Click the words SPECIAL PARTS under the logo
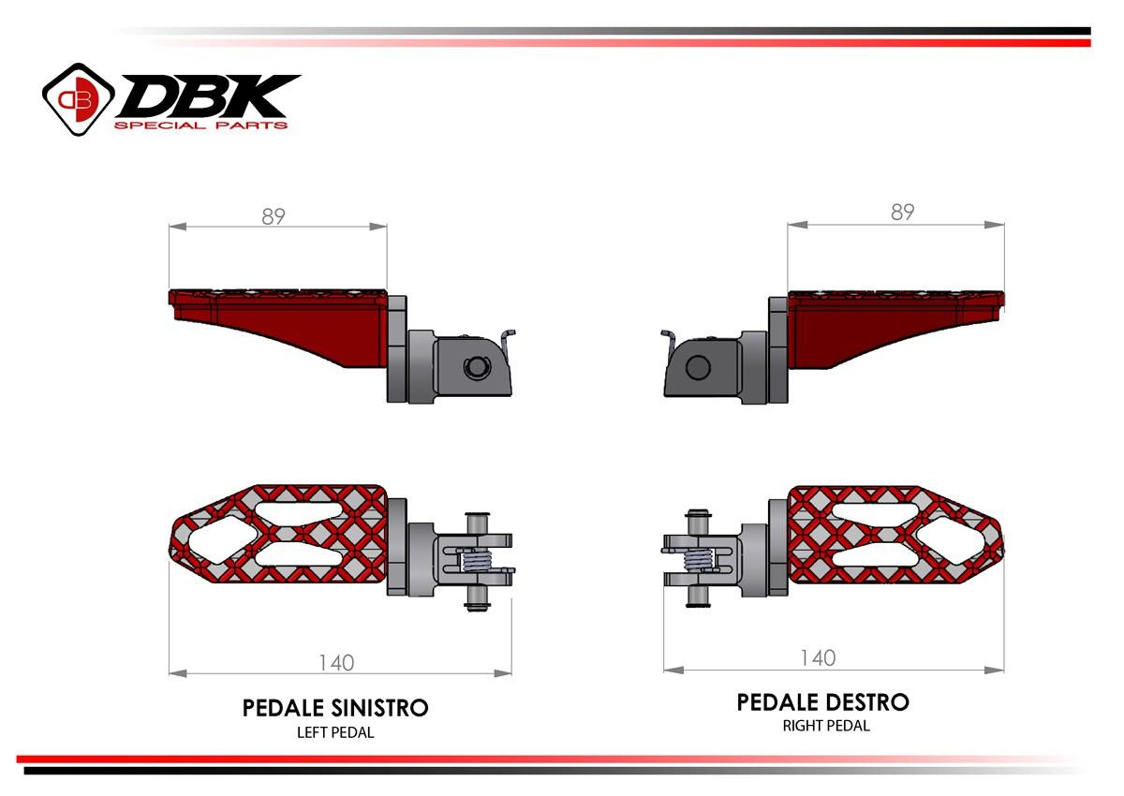[200, 125]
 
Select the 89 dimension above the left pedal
[274, 216]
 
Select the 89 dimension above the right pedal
[901, 213]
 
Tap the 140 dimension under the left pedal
[336, 662]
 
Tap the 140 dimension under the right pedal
[818, 658]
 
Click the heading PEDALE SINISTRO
[335, 707]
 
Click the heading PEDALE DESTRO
[822, 701]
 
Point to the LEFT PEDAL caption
[335, 732]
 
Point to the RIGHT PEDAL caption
[826, 725]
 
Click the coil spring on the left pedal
[480, 561]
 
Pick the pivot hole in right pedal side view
[697, 367]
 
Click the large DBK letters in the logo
[206, 96]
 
